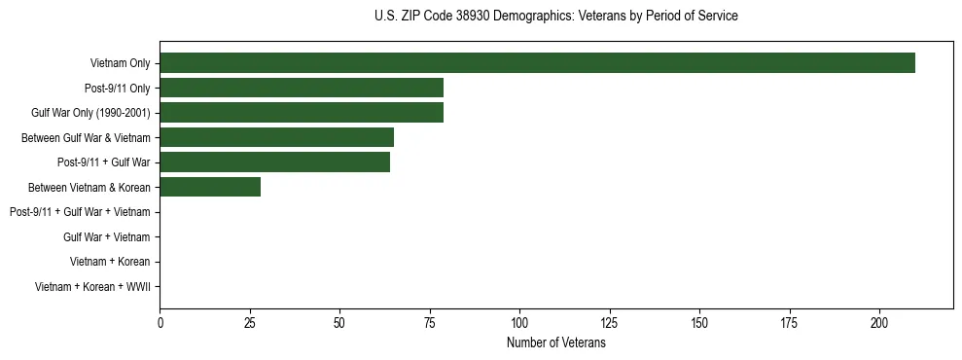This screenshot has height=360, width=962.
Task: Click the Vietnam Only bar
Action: click(x=537, y=63)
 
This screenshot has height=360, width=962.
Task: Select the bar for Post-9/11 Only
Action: click(x=302, y=89)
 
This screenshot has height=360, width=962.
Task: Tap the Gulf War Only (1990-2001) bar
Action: click(x=302, y=113)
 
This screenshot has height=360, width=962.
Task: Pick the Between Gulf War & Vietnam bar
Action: click(x=276, y=137)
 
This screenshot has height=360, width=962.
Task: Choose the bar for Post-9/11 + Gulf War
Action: click(x=274, y=162)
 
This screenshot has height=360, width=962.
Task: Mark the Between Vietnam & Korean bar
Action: click(x=210, y=187)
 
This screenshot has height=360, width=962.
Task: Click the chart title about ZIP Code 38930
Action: click(x=555, y=17)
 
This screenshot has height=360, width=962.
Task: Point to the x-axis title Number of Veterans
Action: click(x=555, y=343)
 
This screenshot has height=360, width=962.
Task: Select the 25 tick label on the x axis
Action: click(x=250, y=321)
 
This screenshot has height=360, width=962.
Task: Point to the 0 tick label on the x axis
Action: click(x=160, y=321)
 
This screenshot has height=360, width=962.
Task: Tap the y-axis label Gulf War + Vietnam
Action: click(x=107, y=236)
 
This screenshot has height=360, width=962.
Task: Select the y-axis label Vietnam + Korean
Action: click(x=110, y=262)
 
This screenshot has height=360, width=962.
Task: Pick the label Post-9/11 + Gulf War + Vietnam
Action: click(x=80, y=212)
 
